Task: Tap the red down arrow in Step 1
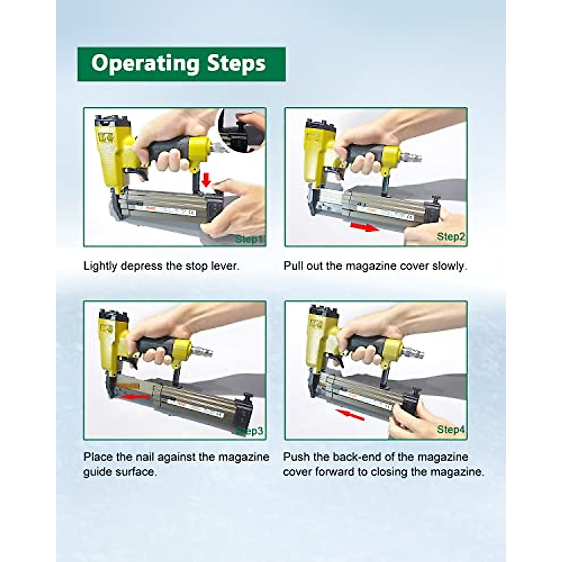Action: tap(206, 179)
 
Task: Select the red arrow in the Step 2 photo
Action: tap(365, 227)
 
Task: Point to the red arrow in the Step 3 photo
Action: tap(135, 397)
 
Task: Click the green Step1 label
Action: tap(250, 239)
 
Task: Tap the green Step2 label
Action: tap(451, 237)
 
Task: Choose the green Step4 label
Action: tap(451, 429)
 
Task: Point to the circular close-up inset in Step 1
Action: tap(242, 130)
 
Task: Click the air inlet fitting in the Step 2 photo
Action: tap(410, 158)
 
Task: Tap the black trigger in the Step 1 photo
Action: tap(137, 173)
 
